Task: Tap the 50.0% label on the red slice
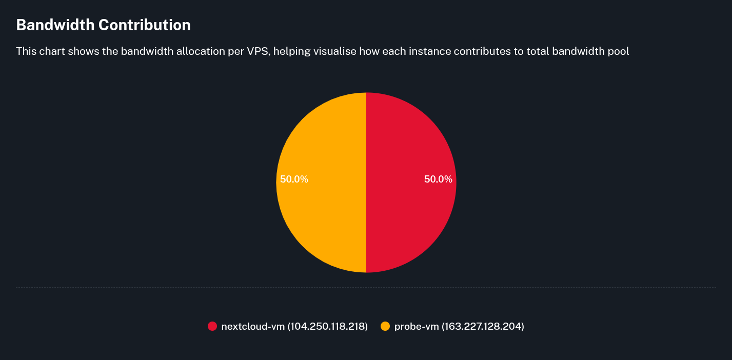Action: pyautogui.click(x=438, y=179)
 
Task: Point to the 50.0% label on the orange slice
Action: pyautogui.click(x=294, y=179)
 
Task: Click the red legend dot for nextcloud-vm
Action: pyautogui.click(x=212, y=326)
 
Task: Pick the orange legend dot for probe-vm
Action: pyautogui.click(x=385, y=326)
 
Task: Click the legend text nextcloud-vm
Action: pyautogui.click(x=253, y=326)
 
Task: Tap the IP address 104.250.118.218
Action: pyautogui.click(x=327, y=326)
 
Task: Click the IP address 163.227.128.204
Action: pyautogui.click(x=483, y=326)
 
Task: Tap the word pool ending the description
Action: pyautogui.click(x=618, y=51)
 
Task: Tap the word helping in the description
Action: pyautogui.click(x=291, y=51)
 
